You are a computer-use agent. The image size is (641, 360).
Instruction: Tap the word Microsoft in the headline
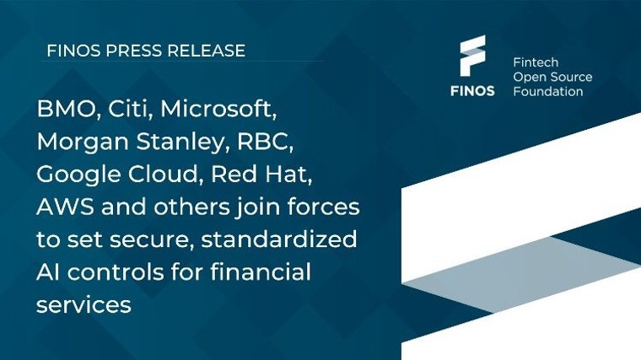point(219,109)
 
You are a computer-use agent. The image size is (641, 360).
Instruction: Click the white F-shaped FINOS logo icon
point(472,57)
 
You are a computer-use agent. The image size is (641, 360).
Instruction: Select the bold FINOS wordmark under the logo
point(472,90)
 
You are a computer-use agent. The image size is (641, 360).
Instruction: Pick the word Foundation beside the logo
point(547,91)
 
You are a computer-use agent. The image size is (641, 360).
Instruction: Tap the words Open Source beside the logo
point(552,77)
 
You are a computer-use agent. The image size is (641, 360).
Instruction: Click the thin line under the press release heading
point(181,62)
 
